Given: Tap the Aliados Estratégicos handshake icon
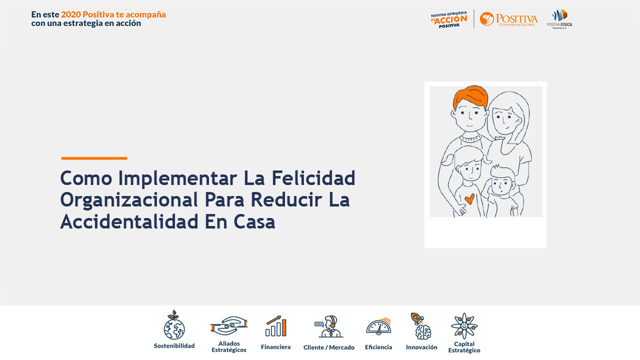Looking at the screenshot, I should point(229,325).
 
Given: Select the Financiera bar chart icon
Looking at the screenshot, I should point(276,326).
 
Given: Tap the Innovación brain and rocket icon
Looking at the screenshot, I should point(421,326).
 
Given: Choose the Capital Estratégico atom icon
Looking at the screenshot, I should point(464,326).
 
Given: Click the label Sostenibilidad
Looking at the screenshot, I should point(174,345).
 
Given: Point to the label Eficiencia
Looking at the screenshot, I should point(378,347).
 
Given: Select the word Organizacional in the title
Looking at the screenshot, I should point(129,199).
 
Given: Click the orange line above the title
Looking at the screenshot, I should point(94,158).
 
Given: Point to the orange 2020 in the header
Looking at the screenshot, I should point(70,14).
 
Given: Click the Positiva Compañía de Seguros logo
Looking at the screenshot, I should point(508,19).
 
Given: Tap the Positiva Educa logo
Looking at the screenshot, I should point(559,19).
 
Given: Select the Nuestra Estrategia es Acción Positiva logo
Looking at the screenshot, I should point(449,19).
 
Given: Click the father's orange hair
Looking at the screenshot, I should point(470,97).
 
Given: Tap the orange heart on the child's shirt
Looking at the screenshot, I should point(469,199).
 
